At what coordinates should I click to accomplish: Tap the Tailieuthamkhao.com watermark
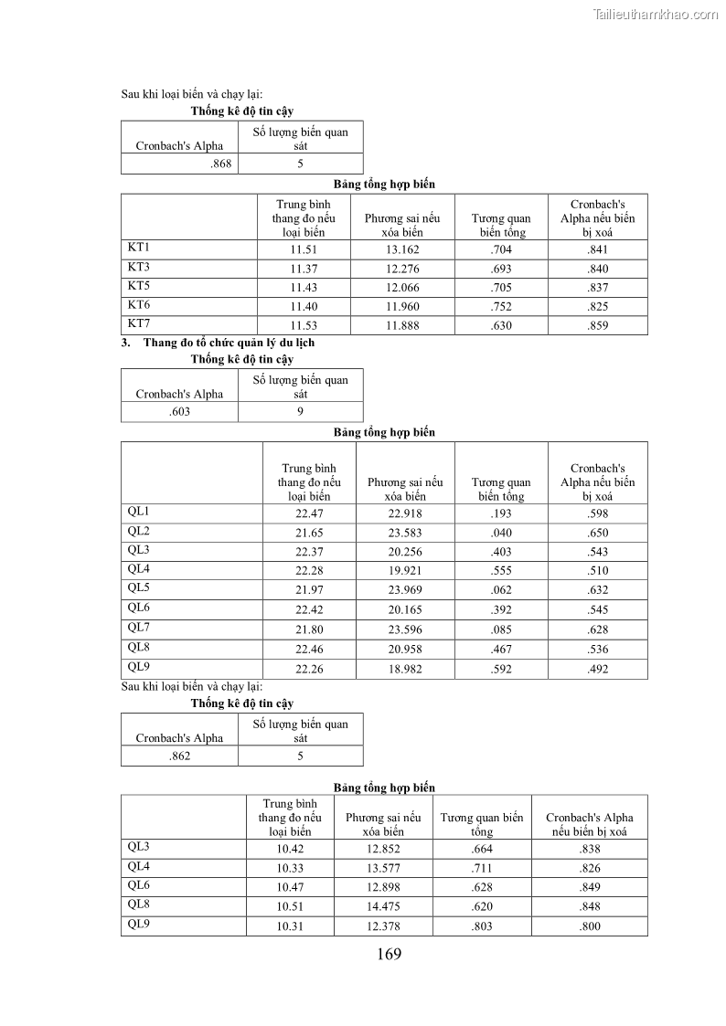[656, 14]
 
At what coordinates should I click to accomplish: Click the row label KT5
[139, 285]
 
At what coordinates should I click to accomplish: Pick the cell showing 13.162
[402, 249]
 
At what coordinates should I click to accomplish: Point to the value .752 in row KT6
[501, 306]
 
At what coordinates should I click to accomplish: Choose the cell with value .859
[598, 325]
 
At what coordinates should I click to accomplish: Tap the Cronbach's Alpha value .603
[180, 412]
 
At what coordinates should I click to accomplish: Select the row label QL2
[139, 531]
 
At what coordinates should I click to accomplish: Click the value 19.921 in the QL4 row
[405, 571]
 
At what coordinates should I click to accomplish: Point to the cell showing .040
[501, 533]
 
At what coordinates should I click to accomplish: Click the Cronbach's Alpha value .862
[180, 756]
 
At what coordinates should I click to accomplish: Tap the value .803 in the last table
[482, 926]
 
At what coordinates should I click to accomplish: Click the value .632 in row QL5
[598, 590]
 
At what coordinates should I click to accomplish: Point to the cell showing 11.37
[304, 269]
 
